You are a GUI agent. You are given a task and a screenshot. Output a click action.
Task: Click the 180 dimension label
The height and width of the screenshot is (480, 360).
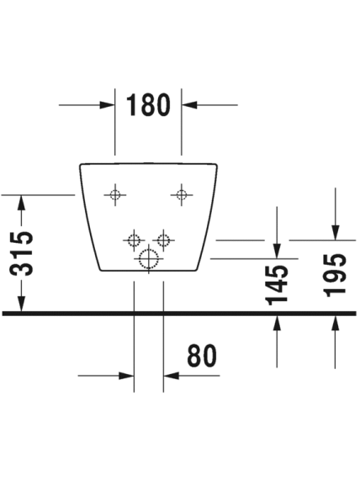(x=148, y=105)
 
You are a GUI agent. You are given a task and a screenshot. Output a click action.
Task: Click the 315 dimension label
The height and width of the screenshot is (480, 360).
(x=21, y=254)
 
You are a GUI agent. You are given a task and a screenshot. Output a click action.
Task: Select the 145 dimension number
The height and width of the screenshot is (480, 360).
(x=277, y=285)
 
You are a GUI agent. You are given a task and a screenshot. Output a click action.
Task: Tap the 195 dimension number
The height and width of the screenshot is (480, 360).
(x=336, y=276)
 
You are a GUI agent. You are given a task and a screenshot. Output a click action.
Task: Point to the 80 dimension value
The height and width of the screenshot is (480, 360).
(x=202, y=356)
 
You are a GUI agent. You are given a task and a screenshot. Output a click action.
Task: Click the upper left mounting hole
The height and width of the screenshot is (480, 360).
(x=115, y=194)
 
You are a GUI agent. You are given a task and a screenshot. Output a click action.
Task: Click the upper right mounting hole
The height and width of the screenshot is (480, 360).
(x=182, y=194)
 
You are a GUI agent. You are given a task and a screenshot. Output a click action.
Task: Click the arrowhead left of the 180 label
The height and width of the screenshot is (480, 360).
(x=108, y=105)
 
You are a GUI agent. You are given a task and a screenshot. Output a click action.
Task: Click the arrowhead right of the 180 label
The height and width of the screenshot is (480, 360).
(x=189, y=105)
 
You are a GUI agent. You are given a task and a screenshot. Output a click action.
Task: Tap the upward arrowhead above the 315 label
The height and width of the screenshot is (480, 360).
(x=21, y=203)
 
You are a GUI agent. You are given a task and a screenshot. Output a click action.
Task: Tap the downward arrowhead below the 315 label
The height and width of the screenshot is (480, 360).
(x=21, y=304)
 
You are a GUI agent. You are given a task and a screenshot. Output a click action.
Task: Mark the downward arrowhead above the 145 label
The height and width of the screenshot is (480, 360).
(x=277, y=251)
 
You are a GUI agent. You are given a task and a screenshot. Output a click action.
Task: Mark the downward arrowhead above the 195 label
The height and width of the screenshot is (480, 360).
(x=336, y=232)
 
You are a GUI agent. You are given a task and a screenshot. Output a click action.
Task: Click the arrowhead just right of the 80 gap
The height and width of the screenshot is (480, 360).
(x=171, y=375)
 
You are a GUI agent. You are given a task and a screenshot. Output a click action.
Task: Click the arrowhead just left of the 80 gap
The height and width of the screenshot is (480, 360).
(x=126, y=375)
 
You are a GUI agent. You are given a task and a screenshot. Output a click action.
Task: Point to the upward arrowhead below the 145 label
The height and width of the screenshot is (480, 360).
(x=277, y=323)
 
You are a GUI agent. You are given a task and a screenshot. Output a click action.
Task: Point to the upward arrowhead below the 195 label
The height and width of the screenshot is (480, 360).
(x=336, y=323)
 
